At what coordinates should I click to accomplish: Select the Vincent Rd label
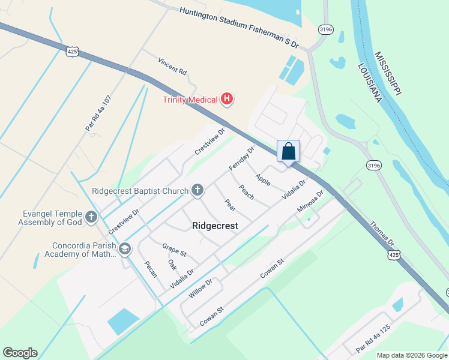click(172, 66)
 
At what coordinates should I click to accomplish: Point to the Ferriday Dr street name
click(241, 158)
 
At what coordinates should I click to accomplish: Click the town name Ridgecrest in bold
click(215, 226)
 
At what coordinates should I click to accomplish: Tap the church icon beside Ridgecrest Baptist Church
click(196, 191)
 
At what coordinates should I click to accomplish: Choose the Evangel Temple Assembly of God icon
click(91, 217)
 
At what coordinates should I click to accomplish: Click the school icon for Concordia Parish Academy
click(125, 249)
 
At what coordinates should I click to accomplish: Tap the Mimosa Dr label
click(310, 202)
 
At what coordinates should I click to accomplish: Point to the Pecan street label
click(150, 269)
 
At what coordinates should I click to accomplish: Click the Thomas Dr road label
click(382, 235)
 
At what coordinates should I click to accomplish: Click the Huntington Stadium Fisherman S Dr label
click(239, 26)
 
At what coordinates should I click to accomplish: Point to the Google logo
click(20, 353)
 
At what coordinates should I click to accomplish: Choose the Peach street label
click(247, 192)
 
